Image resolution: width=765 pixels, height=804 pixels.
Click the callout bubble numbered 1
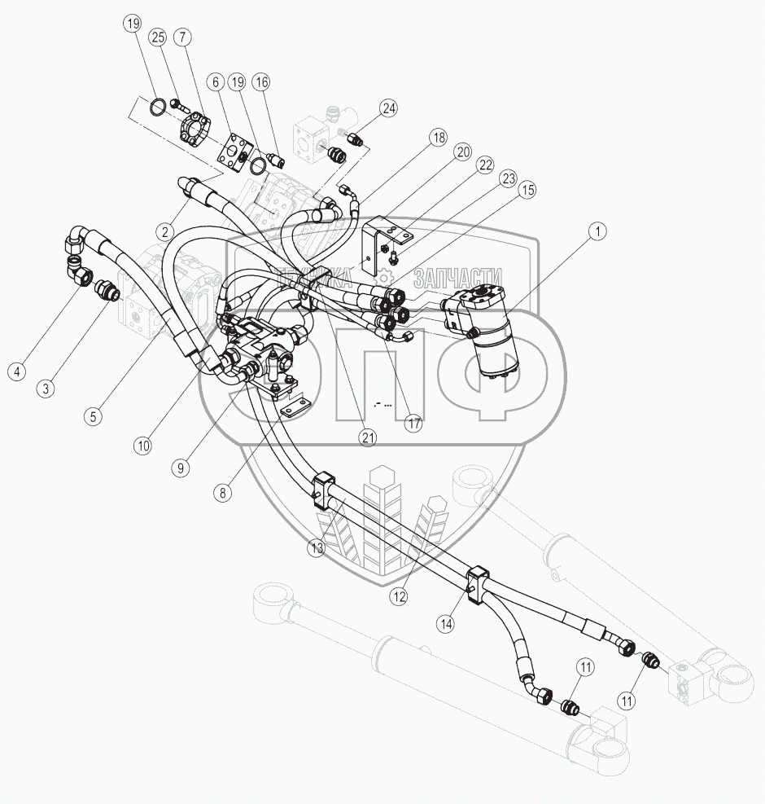pyautogui.click(x=598, y=232)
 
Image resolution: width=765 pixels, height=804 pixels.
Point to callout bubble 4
pyautogui.click(x=15, y=371)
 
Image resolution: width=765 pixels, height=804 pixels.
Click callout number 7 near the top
pyautogui.click(x=182, y=37)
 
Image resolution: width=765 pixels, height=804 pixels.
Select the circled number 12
pyautogui.click(x=398, y=595)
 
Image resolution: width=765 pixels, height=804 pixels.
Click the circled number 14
pyautogui.click(x=445, y=625)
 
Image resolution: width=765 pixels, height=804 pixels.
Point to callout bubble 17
pyautogui.click(x=414, y=424)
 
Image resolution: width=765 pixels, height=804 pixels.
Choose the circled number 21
pyautogui.click(x=369, y=437)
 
